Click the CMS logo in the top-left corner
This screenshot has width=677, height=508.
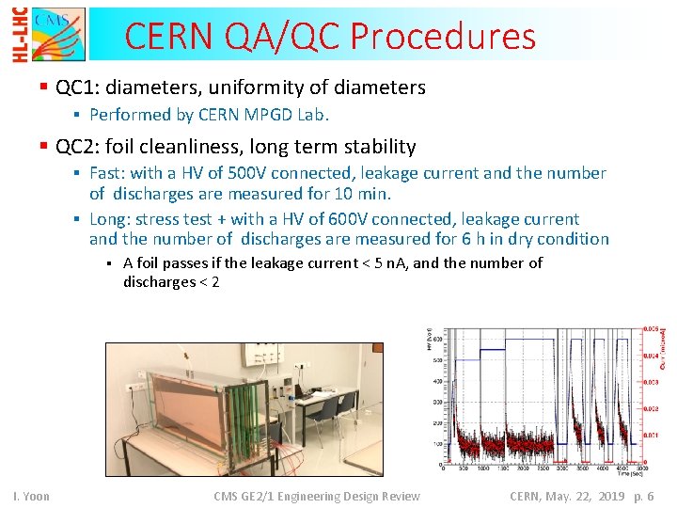(58, 35)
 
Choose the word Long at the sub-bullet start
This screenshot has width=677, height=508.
(109, 219)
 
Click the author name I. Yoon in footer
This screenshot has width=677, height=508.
(30, 496)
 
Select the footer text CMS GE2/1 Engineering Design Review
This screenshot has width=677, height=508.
(316, 496)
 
